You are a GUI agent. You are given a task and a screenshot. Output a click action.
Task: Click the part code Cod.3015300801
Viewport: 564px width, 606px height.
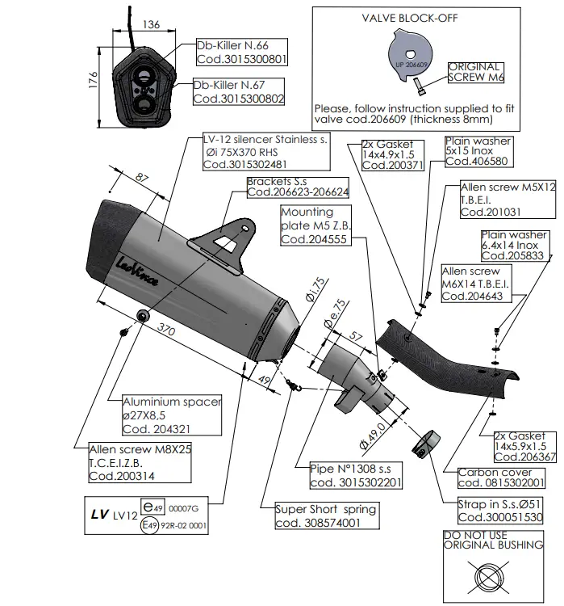[x=240, y=59]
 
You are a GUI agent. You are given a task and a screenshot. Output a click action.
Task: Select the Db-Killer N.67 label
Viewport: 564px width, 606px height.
[x=228, y=84]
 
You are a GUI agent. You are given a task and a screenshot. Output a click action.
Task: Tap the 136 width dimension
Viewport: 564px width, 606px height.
[x=149, y=25]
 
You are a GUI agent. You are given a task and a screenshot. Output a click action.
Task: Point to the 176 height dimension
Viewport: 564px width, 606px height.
[x=93, y=80]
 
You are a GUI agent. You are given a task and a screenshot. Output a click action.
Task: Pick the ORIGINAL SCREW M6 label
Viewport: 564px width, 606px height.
[x=474, y=72]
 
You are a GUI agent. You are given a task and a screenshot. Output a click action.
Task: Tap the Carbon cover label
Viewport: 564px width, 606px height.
[x=494, y=472]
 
